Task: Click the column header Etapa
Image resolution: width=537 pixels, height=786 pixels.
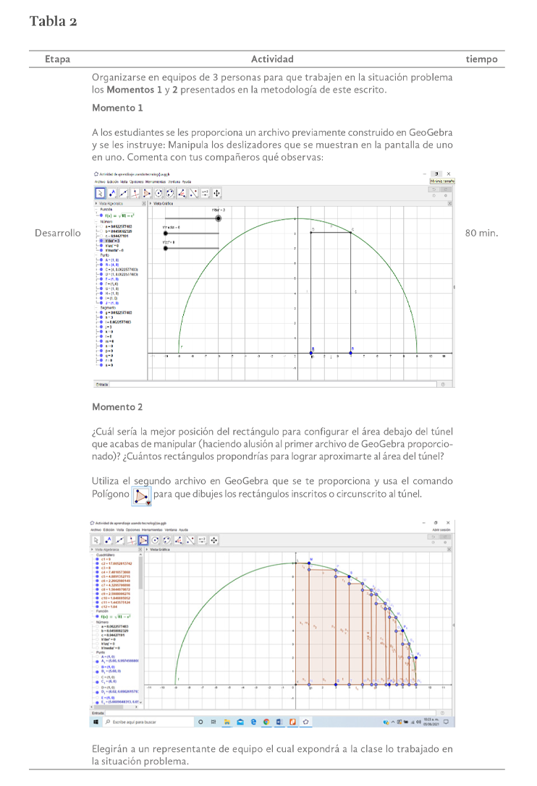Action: [x=57, y=59]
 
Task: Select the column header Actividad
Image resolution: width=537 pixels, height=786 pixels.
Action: [x=272, y=59]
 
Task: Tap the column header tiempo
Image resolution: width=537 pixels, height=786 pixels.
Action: [x=482, y=59]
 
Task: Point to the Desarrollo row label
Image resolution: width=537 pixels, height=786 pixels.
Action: [x=57, y=234]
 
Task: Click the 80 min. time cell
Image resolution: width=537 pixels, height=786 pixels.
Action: [x=481, y=234]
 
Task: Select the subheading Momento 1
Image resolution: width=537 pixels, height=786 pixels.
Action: [x=117, y=108]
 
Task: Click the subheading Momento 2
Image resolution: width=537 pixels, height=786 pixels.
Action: [x=117, y=407]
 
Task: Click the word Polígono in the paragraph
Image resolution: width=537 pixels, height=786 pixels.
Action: [x=111, y=494]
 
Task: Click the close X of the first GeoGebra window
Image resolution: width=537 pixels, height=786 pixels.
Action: [x=449, y=174]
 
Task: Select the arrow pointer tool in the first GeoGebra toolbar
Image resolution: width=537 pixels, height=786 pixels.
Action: [x=100, y=193]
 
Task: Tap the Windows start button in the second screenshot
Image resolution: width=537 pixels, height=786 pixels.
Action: [x=96, y=722]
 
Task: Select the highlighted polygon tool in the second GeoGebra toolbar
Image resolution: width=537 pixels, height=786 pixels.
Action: [x=143, y=540]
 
